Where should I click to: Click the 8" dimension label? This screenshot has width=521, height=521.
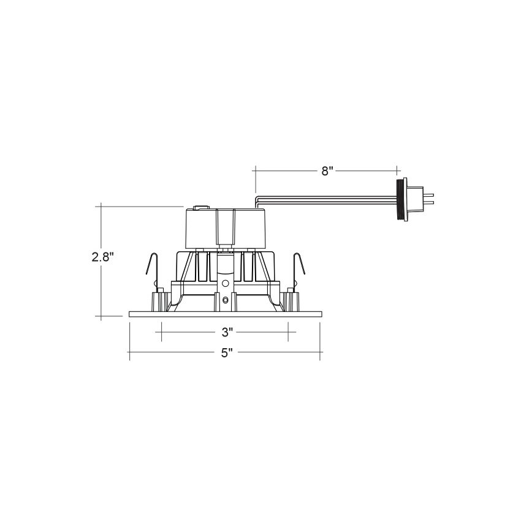327,171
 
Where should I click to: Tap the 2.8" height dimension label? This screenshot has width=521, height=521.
103,257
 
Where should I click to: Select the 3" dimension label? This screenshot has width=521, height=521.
227,332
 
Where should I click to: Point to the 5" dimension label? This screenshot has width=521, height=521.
227,353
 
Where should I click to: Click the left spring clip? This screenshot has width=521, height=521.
153,269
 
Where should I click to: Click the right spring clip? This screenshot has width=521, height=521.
299,269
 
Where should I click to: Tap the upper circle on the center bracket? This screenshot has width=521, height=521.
226,283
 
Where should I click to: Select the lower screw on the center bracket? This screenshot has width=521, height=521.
226,300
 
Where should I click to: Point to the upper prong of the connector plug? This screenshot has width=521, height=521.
428,195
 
